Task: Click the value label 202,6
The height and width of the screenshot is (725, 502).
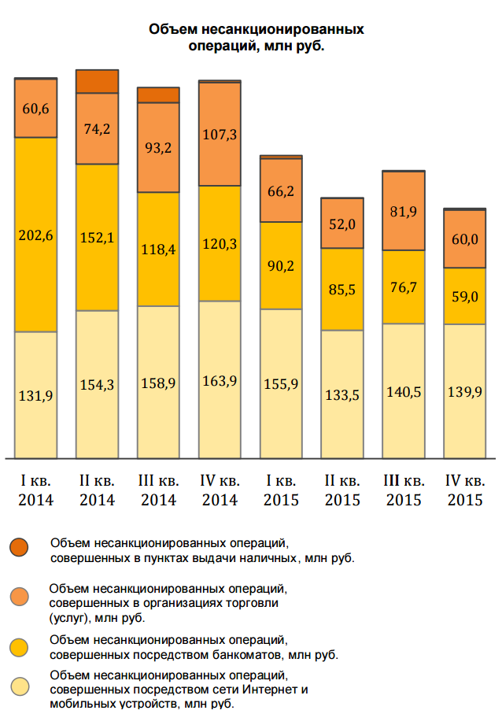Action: [x=36, y=235]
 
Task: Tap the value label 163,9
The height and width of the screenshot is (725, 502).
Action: [x=220, y=381]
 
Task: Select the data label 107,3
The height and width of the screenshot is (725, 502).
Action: [x=220, y=134]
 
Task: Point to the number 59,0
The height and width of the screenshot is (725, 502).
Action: [x=465, y=297]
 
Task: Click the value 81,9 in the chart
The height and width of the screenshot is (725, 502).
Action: [x=404, y=211]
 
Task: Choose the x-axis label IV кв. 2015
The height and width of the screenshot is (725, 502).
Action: [x=465, y=490]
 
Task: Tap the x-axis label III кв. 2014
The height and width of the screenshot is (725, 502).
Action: [x=158, y=490]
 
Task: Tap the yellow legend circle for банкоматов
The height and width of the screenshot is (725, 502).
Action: [x=20, y=646]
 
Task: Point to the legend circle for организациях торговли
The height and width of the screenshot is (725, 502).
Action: [x=20, y=597]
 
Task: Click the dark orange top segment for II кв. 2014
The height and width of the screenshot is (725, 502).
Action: [x=97, y=81]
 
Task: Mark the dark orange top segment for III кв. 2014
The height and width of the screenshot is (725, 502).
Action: [x=158, y=94]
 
